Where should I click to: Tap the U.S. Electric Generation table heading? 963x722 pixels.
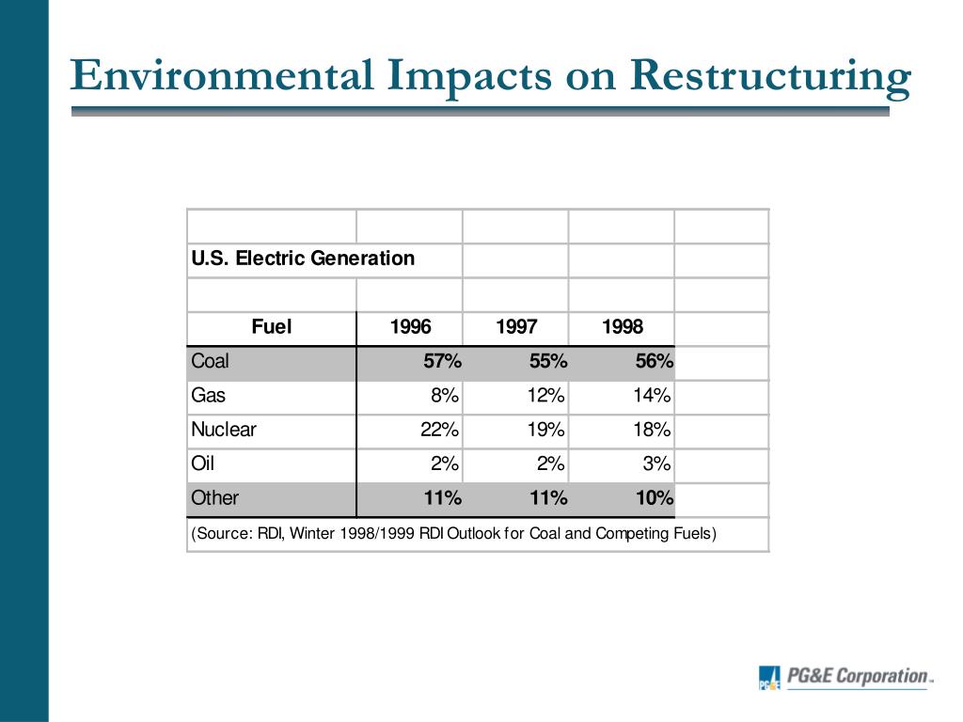(x=303, y=259)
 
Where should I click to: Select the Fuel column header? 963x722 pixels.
(x=272, y=327)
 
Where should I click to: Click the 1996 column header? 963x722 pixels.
(x=410, y=327)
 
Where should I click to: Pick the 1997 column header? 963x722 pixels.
(x=516, y=327)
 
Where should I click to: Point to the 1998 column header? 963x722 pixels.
(x=623, y=327)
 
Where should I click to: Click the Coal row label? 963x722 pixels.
(x=210, y=362)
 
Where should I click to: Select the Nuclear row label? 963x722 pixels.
(x=224, y=431)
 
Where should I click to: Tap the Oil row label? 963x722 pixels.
(x=202, y=464)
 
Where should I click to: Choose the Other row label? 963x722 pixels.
(x=215, y=498)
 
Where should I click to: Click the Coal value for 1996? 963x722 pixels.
(x=442, y=362)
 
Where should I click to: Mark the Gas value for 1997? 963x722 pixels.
(x=546, y=396)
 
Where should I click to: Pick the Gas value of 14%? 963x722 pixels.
(x=652, y=396)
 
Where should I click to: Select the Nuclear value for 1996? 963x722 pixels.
(x=440, y=431)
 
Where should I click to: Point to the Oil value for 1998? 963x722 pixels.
(x=656, y=464)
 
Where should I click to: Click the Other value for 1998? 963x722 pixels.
(x=654, y=498)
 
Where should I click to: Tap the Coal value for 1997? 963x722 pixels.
(x=547, y=362)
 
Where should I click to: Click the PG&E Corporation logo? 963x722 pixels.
(x=845, y=677)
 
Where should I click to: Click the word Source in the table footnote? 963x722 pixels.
(x=223, y=534)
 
